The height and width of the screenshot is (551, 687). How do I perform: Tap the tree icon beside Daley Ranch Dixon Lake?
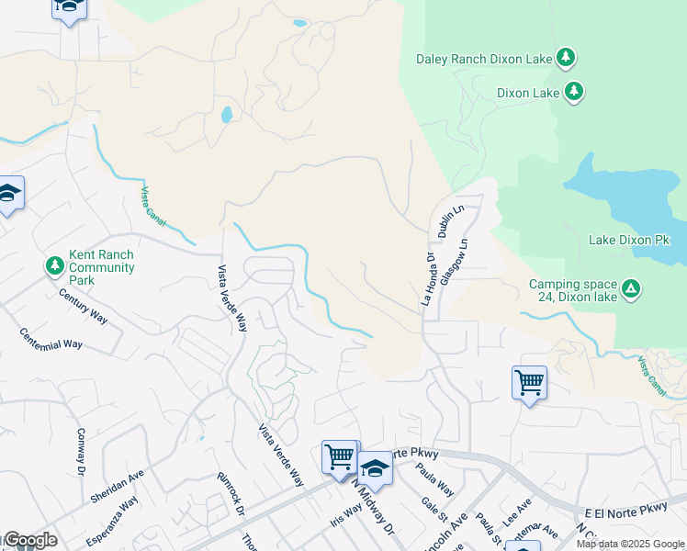click(566, 59)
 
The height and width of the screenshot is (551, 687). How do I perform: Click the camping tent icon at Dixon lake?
click(630, 290)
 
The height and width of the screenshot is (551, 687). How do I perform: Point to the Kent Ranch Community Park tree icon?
click(55, 266)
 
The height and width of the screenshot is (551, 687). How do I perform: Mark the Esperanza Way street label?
click(115, 514)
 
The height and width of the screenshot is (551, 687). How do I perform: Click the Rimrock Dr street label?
click(229, 495)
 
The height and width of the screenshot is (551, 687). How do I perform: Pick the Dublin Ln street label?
click(451, 223)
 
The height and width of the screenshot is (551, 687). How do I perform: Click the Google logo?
click(29, 540)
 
